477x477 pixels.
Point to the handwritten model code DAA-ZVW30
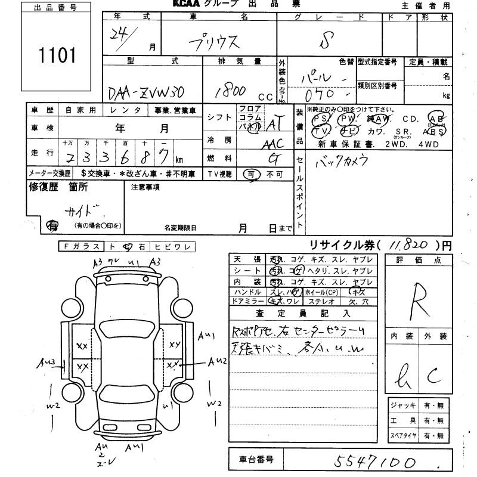click(x=146, y=93)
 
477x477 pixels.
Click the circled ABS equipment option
click(x=434, y=131)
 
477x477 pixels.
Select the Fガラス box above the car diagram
click(x=81, y=246)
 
